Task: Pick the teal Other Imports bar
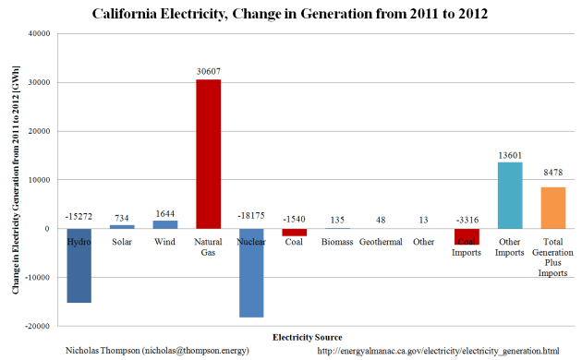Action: point(510,195)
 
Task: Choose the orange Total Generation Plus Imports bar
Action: point(553,208)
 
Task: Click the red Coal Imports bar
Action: point(467,236)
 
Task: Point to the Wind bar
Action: point(165,224)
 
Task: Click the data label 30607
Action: point(208,71)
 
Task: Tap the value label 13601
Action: point(510,154)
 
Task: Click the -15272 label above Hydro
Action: point(79,216)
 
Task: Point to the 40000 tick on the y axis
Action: point(37,34)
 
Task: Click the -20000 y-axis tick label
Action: point(35,326)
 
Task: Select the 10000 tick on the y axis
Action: point(37,180)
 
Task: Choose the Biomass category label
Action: point(337,242)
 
